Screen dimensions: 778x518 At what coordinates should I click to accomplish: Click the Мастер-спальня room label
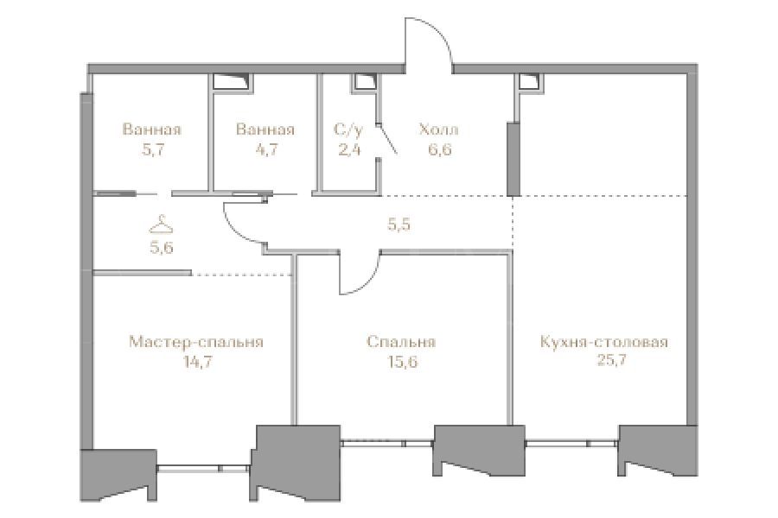196,342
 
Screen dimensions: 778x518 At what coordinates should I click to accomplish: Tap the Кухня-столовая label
604,342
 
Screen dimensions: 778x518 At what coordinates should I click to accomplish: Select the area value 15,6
402,362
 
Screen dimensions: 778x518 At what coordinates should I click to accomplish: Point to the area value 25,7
611,360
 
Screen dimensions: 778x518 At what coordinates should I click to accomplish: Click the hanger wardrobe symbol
162,224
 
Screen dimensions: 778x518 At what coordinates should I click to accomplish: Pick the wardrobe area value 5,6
162,247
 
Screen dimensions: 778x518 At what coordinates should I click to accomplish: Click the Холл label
438,129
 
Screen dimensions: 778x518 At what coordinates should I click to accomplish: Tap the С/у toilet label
348,129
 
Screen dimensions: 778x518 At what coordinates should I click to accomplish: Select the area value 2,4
349,149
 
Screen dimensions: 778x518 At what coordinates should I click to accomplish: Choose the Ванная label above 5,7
152,129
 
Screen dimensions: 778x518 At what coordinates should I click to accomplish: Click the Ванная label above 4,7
265,129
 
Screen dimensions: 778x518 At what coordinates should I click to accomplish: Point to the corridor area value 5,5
399,225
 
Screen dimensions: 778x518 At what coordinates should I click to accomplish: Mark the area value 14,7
197,362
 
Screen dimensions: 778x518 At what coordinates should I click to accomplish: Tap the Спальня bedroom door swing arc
367,281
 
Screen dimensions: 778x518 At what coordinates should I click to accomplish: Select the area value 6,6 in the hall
440,149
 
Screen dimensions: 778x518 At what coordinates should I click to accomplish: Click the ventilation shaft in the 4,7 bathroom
233,82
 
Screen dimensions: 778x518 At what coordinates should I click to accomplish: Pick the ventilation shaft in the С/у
364,83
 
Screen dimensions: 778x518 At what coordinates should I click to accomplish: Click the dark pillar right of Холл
512,159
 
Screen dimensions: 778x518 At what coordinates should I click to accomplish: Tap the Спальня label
402,342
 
